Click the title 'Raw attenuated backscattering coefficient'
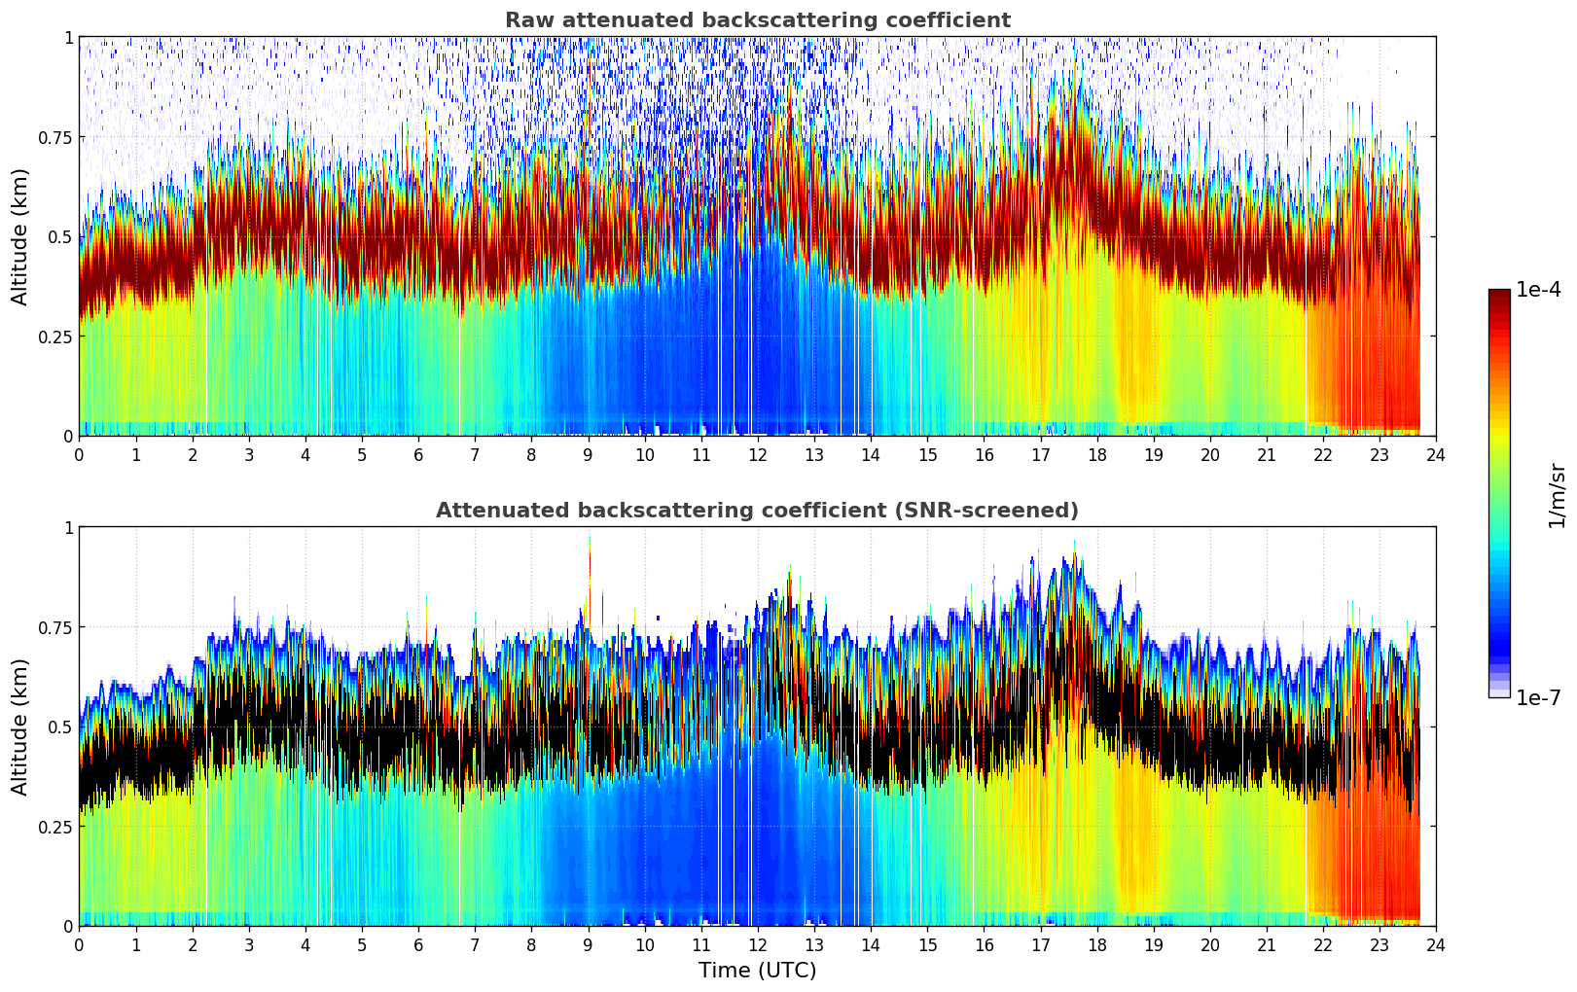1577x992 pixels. [x=757, y=20]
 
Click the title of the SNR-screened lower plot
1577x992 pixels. [x=757, y=511]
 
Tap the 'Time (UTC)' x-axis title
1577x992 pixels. [x=757, y=971]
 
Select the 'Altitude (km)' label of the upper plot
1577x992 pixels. [x=20, y=236]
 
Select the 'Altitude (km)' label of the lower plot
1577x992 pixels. [x=20, y=726]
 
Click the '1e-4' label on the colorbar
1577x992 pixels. [x=1538, y=290]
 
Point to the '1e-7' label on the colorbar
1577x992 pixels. [x=1538, y=698]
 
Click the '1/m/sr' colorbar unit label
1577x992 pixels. [x=1557, y=495]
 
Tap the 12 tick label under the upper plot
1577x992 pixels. [x=758, y=454]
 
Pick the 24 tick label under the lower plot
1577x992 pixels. [x=1436, y=944]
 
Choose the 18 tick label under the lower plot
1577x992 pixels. [x=1097, y=944]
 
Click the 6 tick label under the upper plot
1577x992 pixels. [x=418, y=454]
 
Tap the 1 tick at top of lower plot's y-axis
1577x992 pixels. [x=68, y=527]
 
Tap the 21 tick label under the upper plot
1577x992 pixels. [x=1267, y=454]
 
